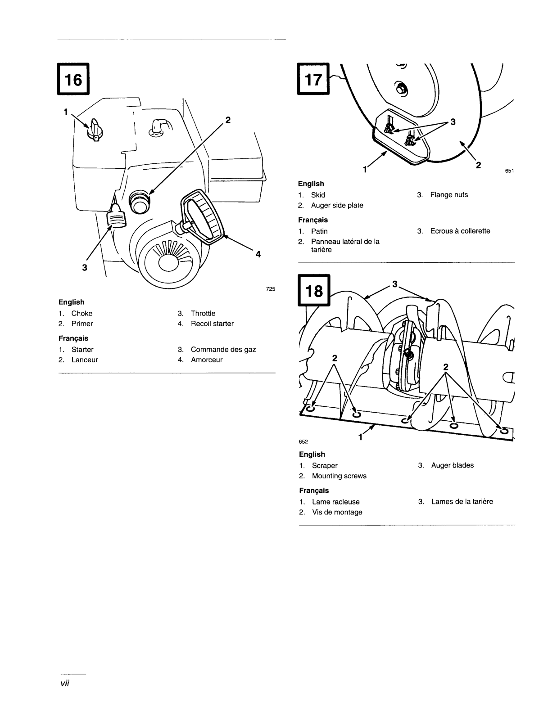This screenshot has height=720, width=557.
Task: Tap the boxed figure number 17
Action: [x=313, y=79]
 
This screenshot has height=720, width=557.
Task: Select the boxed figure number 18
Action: [x=314, y=290]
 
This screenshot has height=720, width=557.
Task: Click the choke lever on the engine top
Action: [x=95, y=129]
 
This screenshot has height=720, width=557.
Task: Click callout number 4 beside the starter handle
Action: [x=258, y=254]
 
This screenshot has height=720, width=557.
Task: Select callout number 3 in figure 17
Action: [x=453, y=121]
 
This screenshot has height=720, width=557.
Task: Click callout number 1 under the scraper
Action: [x=360, y=437]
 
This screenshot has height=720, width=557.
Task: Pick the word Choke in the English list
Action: [x=82, y=313]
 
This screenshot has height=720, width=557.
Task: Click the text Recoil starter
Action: [x=212, y=324]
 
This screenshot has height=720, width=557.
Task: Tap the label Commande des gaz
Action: [x=223, y=350]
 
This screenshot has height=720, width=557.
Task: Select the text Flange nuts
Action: [x=449, y=195]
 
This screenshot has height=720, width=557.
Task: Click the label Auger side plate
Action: [x=337, y=205]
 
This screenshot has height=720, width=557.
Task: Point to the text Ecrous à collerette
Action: [x=460, y=231]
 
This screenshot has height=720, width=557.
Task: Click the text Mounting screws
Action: [x=339, y=476]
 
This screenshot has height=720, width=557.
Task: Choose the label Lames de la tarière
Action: [x=462, y=501]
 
